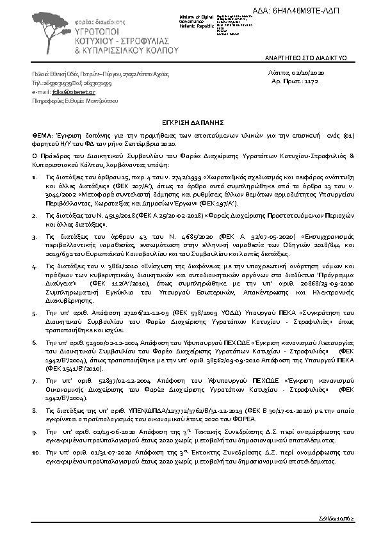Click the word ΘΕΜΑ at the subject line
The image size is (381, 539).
(42, 136)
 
